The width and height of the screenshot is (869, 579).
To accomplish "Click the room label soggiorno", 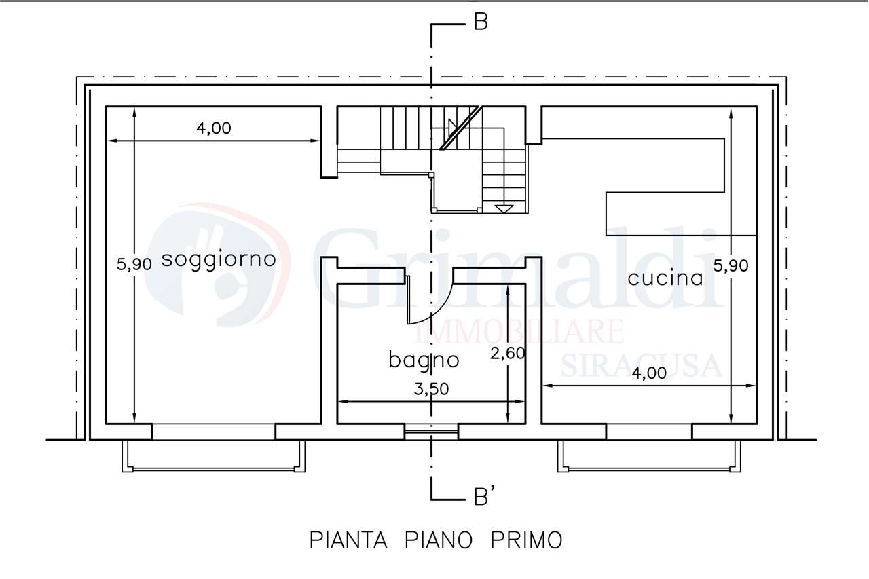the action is pos(219,260).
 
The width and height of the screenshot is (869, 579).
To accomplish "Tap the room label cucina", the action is pos(665,278).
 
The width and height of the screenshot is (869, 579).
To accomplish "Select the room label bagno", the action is pos(424,360).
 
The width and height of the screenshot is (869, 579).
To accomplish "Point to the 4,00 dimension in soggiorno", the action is pos(214,128).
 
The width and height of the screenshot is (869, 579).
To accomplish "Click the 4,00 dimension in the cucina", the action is pos(650,373).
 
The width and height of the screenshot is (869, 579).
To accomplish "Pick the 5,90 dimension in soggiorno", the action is pos(134,265).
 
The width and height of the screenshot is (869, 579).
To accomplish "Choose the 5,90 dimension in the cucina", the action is pos(731,266).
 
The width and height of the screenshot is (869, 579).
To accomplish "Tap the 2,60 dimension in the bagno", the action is pos(508,353).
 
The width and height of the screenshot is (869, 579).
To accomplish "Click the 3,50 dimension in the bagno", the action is pos(431,389).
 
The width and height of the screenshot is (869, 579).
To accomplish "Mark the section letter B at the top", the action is pos(481,22).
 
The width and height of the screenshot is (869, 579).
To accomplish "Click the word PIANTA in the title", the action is pos(348,540).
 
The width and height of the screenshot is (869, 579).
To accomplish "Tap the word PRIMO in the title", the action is pos(527,540).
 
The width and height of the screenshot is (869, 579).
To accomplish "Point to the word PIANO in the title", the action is pos(439,540).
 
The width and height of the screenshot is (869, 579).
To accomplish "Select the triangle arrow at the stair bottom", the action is pos(504,208).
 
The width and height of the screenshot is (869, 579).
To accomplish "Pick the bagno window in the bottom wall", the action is pos(431,432).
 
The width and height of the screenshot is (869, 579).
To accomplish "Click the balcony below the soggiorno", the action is pos(214,456).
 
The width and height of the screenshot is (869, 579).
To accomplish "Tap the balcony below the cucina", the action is pos(649,456).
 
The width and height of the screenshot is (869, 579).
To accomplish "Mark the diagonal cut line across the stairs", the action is pos(461,128).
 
